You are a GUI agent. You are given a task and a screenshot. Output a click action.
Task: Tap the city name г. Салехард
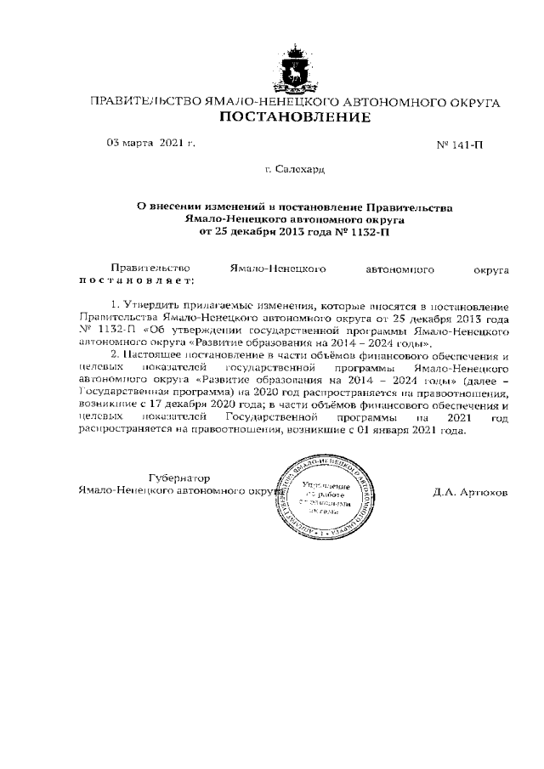tap(294, 170)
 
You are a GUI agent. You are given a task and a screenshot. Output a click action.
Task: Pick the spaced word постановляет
tap(136, 280)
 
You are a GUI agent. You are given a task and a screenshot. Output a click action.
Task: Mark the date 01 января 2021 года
tap(409, 432)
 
